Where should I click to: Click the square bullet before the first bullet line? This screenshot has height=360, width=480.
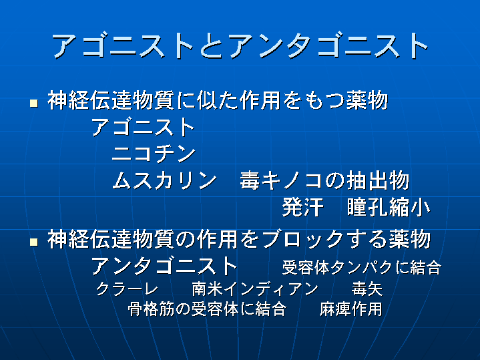34,103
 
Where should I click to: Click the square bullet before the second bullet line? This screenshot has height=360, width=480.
34,242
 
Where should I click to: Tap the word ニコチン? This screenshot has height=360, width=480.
154,154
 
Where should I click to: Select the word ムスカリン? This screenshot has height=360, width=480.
164,180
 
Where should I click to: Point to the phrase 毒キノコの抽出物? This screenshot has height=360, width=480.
324,180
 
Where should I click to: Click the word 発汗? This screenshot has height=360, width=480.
302,208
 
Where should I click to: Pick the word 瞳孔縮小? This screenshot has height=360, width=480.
389,208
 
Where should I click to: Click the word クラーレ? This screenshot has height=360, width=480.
127,289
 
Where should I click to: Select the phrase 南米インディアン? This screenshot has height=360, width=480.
255,289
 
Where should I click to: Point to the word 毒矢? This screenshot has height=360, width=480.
367,289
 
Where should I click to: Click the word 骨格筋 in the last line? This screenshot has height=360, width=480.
152,309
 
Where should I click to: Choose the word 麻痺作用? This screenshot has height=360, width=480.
350,309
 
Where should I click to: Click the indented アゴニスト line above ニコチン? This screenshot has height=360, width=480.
143,127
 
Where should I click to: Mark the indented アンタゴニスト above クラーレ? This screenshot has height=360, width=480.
164,265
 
